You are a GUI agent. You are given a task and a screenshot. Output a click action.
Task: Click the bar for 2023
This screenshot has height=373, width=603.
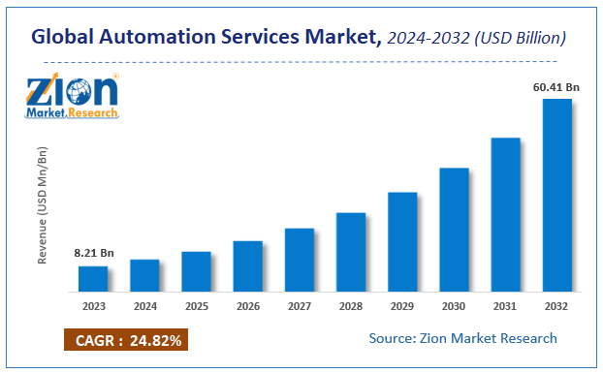(x=93, y=278)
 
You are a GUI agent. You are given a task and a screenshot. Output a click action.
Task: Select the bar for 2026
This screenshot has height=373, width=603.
(x=248, y=266)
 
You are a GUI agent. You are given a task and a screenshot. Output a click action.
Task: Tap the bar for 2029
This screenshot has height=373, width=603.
(x=402, y=242)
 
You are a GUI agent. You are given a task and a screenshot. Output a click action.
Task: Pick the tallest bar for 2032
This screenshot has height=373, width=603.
(x=556, y=195)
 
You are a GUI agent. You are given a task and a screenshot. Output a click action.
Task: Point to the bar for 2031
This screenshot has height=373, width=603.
(x=505, y=214)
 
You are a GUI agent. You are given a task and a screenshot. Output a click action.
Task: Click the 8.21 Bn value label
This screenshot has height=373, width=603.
(x=94, y=254)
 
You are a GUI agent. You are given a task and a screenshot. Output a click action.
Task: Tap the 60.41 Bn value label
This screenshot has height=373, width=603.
(x=557, y=87)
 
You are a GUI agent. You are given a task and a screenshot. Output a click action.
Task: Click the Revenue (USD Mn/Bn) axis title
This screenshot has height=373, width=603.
(x=43, y=204)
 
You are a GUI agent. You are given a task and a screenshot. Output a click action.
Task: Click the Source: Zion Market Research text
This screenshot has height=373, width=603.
(x=463, y=338)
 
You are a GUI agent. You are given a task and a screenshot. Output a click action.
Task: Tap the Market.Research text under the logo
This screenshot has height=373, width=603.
(x=74, y=113)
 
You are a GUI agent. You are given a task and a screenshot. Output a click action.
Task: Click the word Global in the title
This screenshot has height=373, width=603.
(x=65, y=38)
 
